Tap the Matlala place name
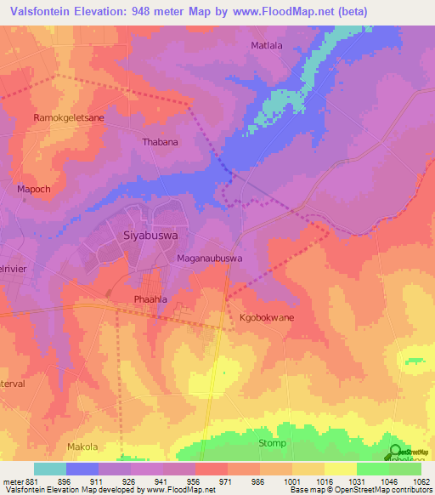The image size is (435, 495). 268,45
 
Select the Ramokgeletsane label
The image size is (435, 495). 68,118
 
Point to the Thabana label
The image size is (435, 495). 161,142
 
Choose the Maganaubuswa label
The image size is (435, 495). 210,258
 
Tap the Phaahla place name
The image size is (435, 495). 153,299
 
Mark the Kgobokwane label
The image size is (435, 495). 266,317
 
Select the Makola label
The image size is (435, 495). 82,447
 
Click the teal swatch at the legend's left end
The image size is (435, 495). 49,469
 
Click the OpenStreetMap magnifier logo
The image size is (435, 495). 396,451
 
